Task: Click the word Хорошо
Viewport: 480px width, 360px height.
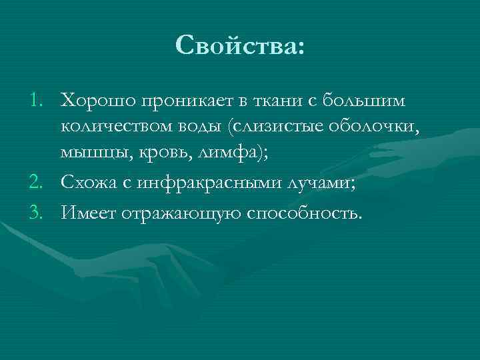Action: pos(95,100)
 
